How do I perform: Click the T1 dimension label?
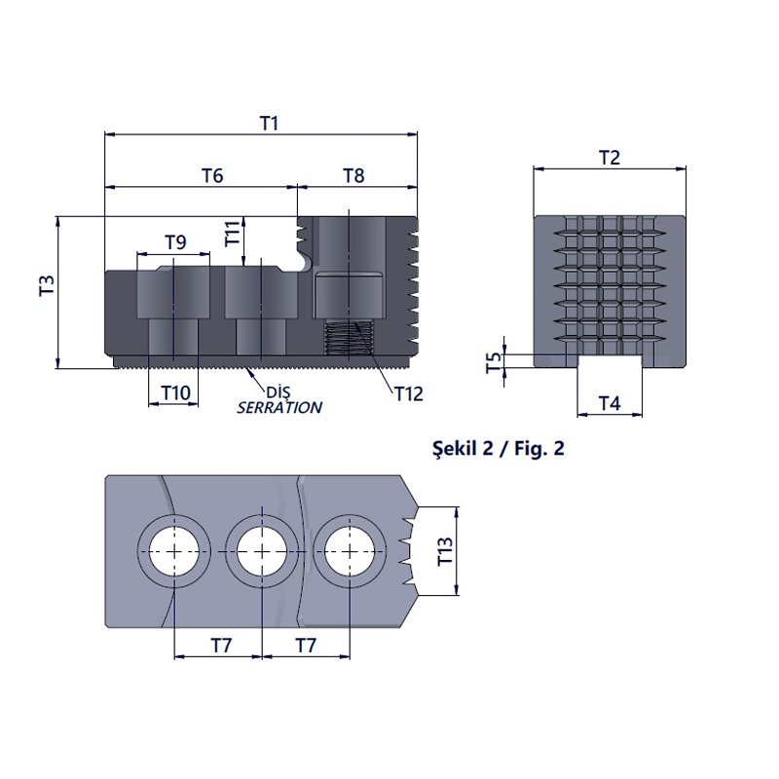click(x=270, y=124)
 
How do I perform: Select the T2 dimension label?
click(x=610, y=158)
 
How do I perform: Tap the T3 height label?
click(x=47, y=285)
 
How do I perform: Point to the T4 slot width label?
click(x=610, y=403)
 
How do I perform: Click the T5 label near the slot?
click(x=494, y=362)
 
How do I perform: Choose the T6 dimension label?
click(x=212, y=175)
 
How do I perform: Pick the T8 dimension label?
click(x=353, y=175)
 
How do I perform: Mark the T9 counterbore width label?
click(x=175, y=241)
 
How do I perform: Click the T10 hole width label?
click(x=176, y=393)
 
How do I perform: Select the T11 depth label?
click(x=233, y=234)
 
